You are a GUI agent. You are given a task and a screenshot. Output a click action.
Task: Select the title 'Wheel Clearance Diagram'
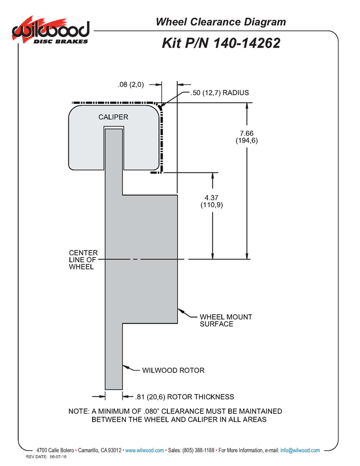pyautogui.click(x=221, y=22)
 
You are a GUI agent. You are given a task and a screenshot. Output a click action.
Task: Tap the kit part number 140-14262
pyautogui.click(x=247, y=43)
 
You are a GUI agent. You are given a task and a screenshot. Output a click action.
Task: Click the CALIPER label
pyautogui.click(x=113, y=117)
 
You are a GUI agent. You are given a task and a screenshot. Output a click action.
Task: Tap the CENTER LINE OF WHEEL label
pyautogui.click(x=83, y=260)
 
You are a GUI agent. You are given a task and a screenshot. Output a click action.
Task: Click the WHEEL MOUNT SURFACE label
pyautogui.click(x=226, y=320)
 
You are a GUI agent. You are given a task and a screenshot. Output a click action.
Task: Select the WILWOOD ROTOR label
pyautogui.click(x=173, y=370)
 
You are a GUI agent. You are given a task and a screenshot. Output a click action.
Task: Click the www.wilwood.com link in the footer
pyautogui.click(x=145, y=450)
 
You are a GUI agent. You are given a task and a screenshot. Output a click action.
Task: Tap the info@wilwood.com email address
pyautogui.click(x=300, y=450)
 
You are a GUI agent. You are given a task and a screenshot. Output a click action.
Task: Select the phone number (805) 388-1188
pyautogui.click(x=199, y=450)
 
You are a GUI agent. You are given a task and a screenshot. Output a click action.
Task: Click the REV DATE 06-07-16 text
pyautogui.click(x=46, y=457)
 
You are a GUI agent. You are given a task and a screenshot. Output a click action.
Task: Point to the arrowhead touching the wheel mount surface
pyautogui.click(x=181, y=312)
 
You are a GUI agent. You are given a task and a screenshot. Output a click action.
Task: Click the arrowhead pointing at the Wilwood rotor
pyautogui.click(x=126, y=367)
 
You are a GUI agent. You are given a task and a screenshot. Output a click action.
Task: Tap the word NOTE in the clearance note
pyautogui.click(x=79, y=411)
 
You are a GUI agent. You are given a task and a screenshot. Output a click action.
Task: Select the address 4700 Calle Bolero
pyautogui.click(x=55, y=450)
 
